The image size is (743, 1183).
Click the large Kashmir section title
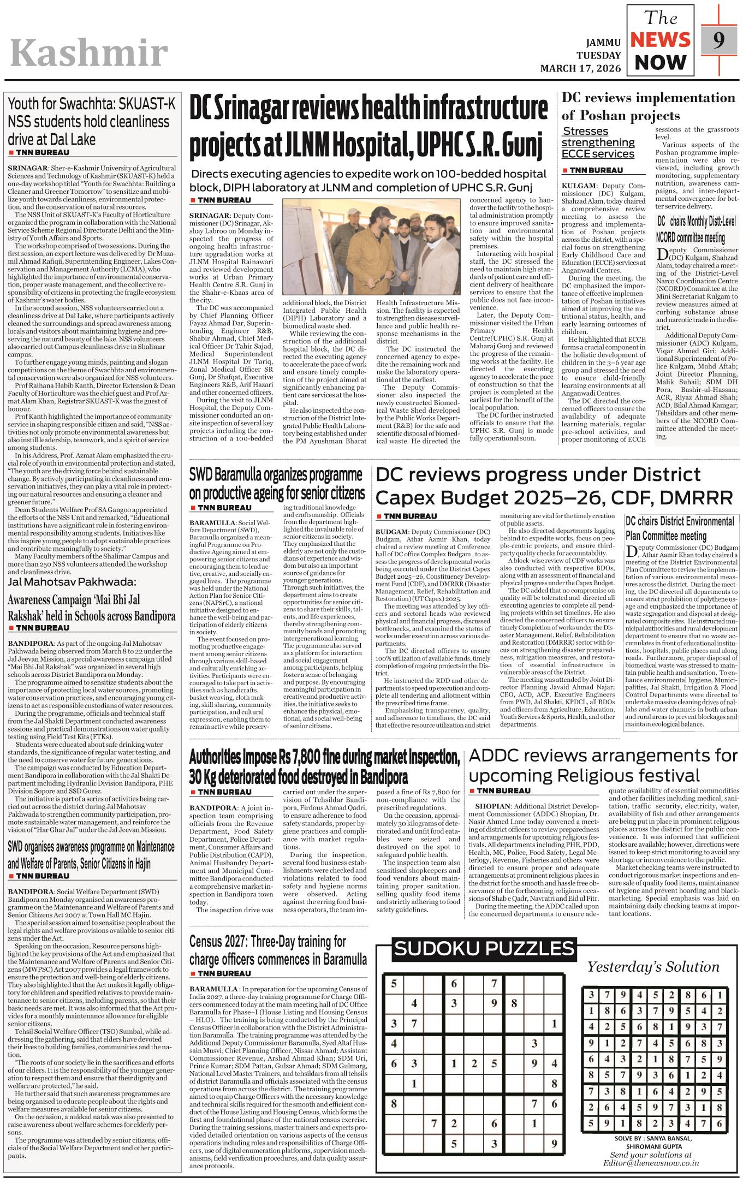tap(89, 53)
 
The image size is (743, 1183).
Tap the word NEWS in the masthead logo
tap(661, 40)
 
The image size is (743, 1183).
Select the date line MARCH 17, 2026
tap(580, 68)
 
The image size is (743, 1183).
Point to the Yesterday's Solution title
tap(653, 967)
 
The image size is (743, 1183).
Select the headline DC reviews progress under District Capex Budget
tap(554, 485)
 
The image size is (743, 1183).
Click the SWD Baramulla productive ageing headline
tap(276, 484)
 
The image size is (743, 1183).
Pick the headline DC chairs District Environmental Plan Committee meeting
tap(680, 528)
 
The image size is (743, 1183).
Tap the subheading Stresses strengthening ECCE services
tap(598, 142)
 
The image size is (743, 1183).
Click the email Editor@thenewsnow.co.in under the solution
tap(651, 1162)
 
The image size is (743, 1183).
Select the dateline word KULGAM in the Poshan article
tap(579, 186)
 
